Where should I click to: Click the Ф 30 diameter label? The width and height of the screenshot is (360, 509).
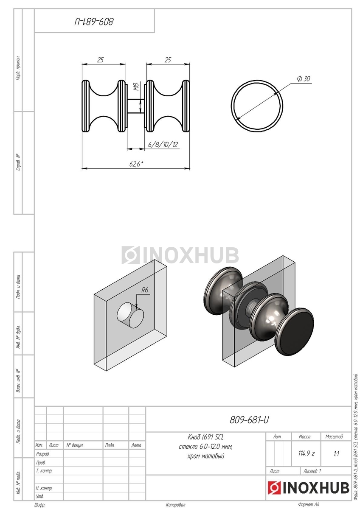click(x=304, y=78)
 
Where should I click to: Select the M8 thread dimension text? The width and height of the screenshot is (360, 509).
click(x=136, y=87)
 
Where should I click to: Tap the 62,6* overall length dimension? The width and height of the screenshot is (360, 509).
click(x=136, y=164)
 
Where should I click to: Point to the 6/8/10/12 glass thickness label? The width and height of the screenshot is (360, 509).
click(x=163, y=144)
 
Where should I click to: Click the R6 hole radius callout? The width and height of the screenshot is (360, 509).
click(x=145, y=290)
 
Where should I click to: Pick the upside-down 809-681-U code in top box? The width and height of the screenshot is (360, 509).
click(x=94, y=22)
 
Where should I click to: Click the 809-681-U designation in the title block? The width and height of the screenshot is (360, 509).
click(x=249, y=420)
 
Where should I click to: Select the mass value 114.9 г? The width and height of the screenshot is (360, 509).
click(x=306, y=453)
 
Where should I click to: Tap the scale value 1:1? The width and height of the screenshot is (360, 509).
click(x=336, y=454)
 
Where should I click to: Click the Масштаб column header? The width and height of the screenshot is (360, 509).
click(x=334, y=436)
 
